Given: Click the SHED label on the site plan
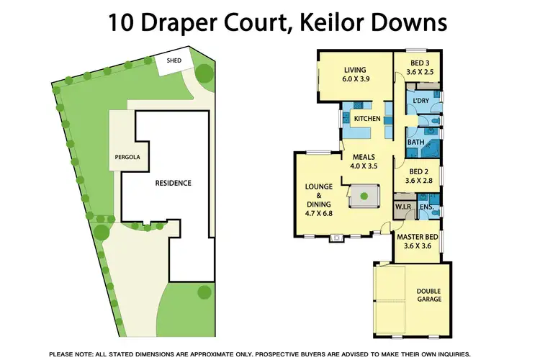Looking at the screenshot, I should tap(174, 60).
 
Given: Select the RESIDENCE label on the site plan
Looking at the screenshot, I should tap(174, 183).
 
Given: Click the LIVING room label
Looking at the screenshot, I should tap(355, 70).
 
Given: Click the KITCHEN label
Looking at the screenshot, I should tap(366, 118).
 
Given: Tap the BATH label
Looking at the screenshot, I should tap(415, 143).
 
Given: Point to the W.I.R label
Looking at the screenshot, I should tap(402, 208).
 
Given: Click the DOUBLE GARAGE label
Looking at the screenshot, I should tap(429, 294).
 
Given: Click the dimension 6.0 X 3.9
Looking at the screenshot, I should tap(356, 79).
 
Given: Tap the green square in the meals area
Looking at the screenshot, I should tap(364, 194).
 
